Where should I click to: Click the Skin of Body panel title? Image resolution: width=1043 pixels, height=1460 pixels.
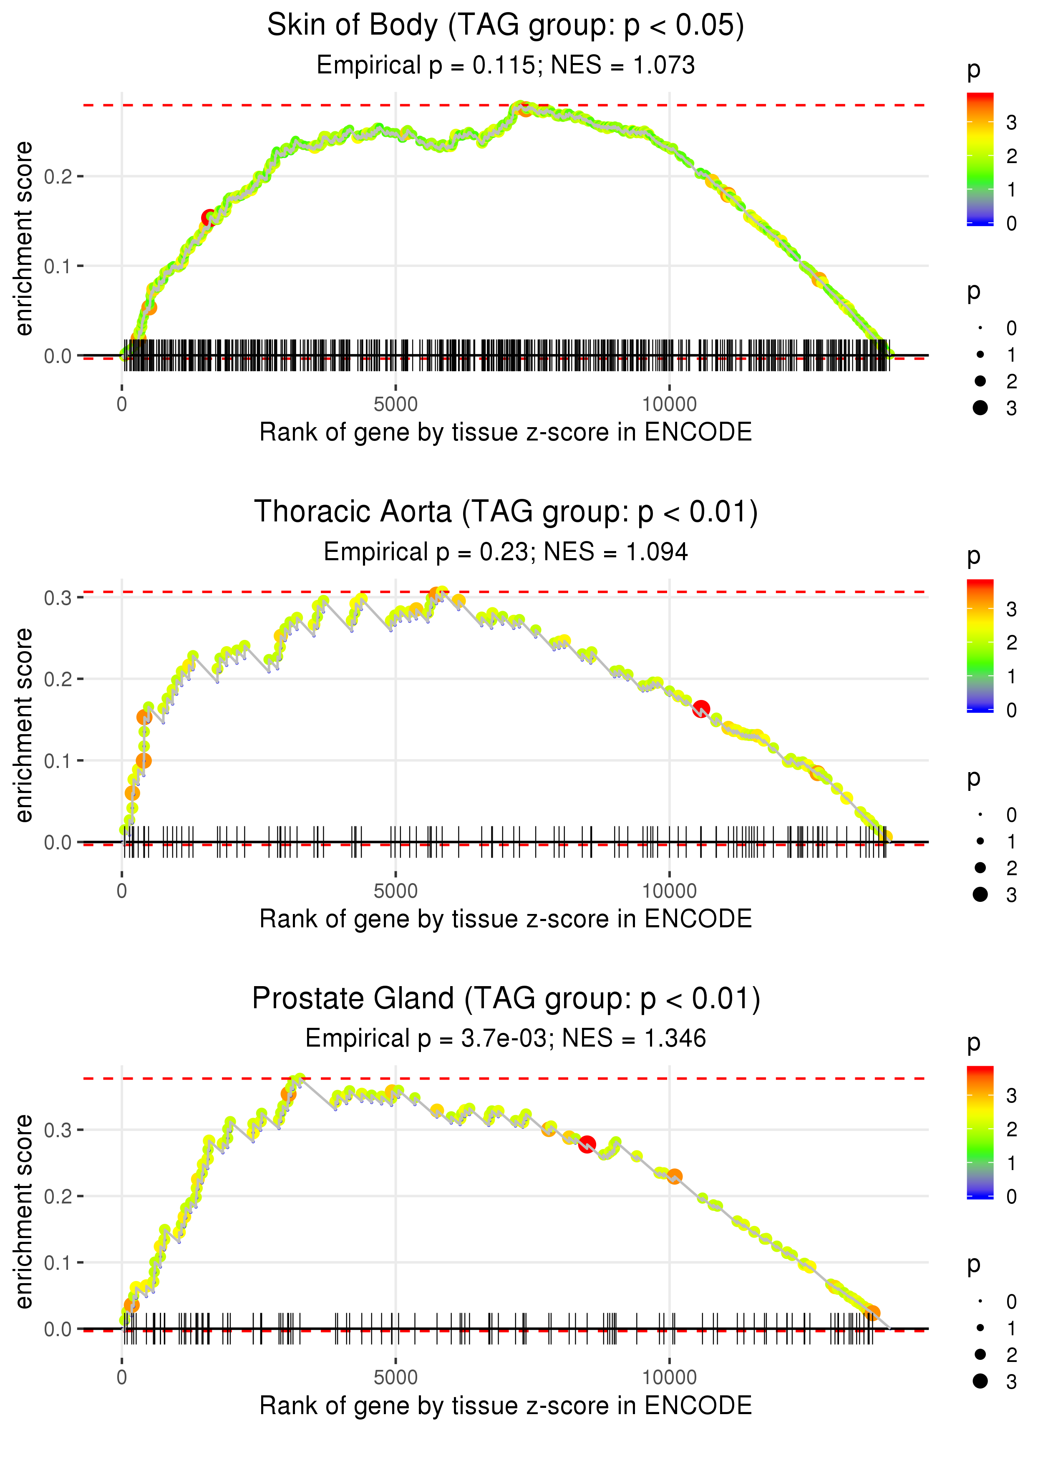[506, 26]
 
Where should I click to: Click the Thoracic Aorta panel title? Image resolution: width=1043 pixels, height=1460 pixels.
[506, 512]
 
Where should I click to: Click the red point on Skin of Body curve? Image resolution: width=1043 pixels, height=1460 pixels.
[209, 218]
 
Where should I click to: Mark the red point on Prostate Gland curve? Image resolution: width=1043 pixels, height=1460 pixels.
[587, 1144]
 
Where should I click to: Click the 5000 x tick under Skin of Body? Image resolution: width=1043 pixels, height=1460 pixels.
[396, 405]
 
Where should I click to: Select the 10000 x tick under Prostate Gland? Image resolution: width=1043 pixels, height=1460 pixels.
[669, 1378]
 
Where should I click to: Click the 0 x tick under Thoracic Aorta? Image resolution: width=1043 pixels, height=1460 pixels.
[122, 891]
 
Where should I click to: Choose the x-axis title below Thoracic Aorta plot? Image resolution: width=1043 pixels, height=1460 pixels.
[506, 919]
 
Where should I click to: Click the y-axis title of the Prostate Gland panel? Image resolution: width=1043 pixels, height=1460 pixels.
[24, 1211]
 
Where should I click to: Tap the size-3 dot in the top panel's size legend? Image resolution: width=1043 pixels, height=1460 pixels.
[980, 408]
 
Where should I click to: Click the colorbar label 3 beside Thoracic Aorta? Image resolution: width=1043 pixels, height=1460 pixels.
[1012, 609]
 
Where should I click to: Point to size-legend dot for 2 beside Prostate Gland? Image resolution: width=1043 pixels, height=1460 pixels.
[980, 1354]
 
